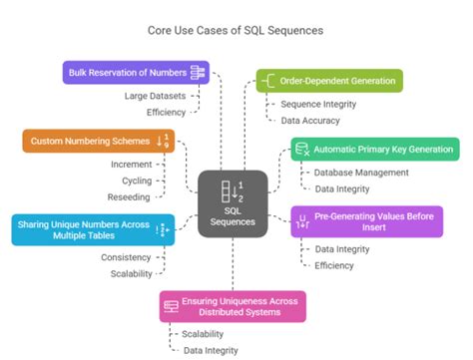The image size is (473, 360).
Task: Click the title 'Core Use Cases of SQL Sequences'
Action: tap(236, 30)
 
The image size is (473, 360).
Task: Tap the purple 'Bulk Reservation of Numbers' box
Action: tap(135, 72)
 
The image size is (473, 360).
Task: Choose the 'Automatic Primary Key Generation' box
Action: tap(374, 151)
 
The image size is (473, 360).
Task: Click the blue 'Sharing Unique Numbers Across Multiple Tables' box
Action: tap(92, 228)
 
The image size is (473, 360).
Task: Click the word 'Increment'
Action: tap(133, 163)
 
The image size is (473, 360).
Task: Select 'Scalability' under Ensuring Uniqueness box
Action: tap(203, 334)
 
